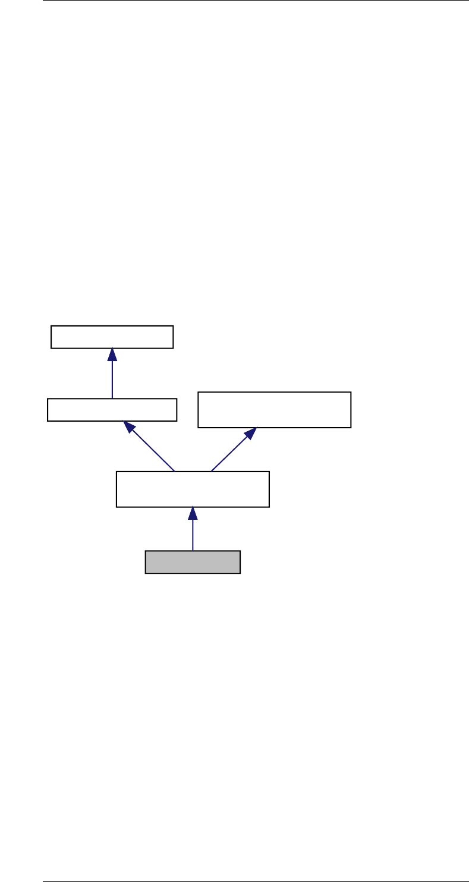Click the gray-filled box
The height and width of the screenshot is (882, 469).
tap(193, 561)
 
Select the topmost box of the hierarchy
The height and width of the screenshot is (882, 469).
tap(112, 337)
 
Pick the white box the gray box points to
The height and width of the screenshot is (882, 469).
tap(193, 489)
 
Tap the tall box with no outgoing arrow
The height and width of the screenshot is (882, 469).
tap(274, 409)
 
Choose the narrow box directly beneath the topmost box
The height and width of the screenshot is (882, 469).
tap(112, 410)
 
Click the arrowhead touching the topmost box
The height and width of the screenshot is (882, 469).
tap(112, 354)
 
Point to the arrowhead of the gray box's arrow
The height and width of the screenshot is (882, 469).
tap(193, 513)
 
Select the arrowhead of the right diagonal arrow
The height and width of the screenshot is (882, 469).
tap(250, 434)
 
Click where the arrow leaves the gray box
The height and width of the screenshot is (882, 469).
tap(193, 550)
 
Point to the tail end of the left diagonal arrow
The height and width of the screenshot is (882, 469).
tap(174, 470)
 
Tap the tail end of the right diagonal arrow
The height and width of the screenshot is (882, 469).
tap(212, 470)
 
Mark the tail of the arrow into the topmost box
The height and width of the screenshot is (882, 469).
tap(112, 397)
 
